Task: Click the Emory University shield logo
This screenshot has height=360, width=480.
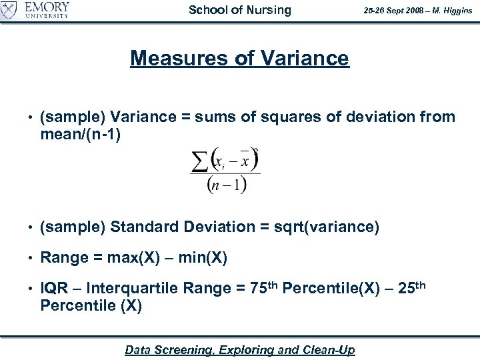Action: (9, 10)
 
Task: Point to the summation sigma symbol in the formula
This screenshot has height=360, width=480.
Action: (199, 161)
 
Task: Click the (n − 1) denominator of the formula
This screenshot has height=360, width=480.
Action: (227, 184)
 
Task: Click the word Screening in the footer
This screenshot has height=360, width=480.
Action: (191, 350)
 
